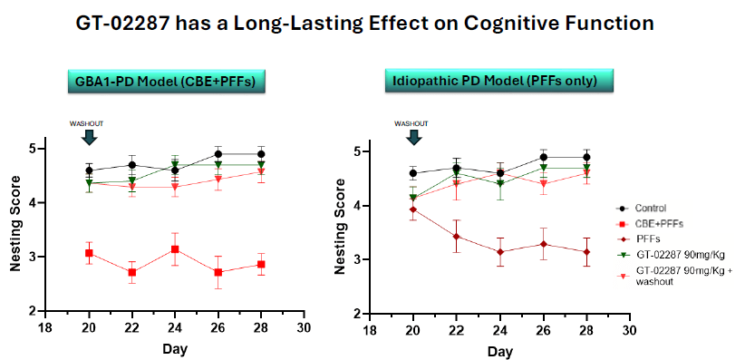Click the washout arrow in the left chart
click(x=88, y=136)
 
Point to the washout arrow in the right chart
click(x=412, y=136)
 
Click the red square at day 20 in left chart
click(x=88, y=253)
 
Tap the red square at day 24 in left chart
click(x=175, y=249)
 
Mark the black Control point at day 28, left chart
click(x=261, y=154)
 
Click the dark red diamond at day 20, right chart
click(x=413, y=209)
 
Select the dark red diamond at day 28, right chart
click(x=586, y=252)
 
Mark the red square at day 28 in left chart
click(x=261, y=265)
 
